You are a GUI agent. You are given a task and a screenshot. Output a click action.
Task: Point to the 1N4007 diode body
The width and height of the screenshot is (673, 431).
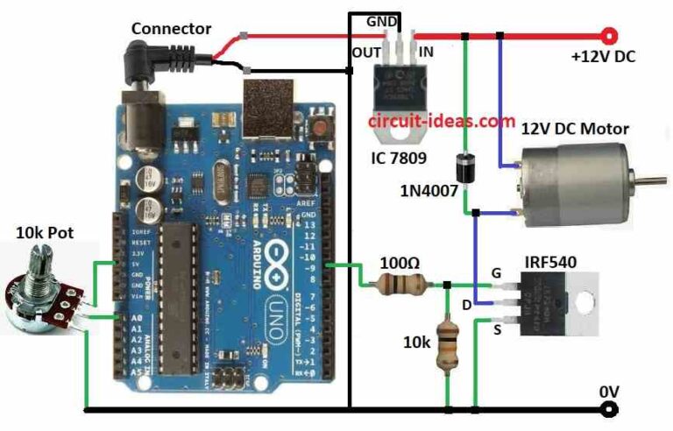467,169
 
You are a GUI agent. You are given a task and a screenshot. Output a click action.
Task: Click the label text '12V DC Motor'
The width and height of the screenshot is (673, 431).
575,129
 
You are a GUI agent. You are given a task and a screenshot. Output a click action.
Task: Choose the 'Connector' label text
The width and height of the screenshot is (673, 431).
171,29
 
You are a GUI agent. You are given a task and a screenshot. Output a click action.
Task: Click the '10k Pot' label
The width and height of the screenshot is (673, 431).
45,232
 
